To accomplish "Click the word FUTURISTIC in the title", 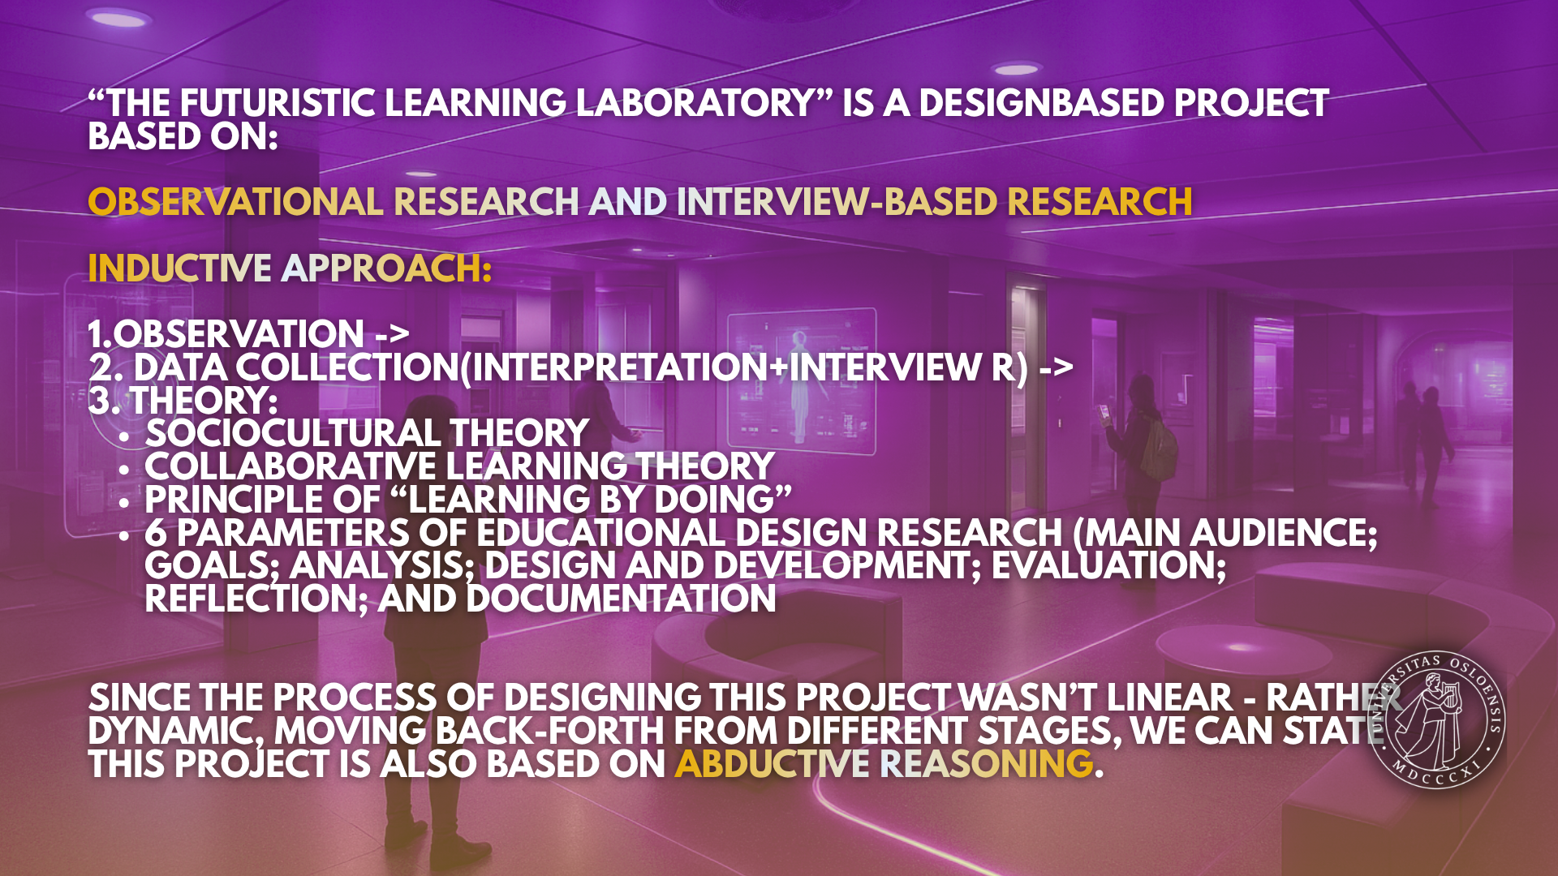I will tap(277, 104).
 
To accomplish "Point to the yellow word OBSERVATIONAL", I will tap(235, 203).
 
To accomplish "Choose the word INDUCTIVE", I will tap(179, 269).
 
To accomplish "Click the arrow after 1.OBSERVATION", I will tap(392, 334).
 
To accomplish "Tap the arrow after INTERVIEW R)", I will tap(1056, 367).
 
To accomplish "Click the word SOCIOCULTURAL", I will tap(292, 434).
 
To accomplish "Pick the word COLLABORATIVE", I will tap(291, 467).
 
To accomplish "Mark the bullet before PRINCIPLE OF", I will tap(123, 503).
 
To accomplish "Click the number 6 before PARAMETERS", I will tap(155, 534).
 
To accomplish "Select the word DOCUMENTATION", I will tap(621, 599).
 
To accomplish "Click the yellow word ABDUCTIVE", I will tap(772, 764).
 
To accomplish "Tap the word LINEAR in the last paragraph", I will tap(1169, 698).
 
